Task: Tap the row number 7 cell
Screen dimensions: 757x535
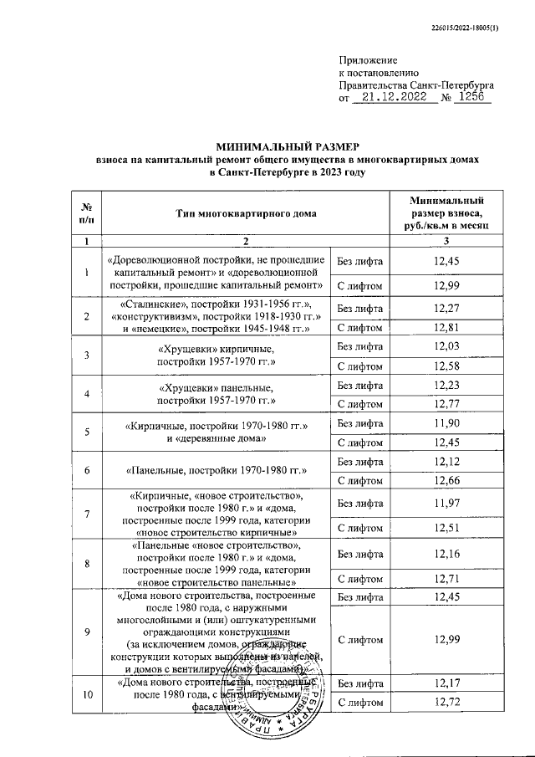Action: coord(86,512)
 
